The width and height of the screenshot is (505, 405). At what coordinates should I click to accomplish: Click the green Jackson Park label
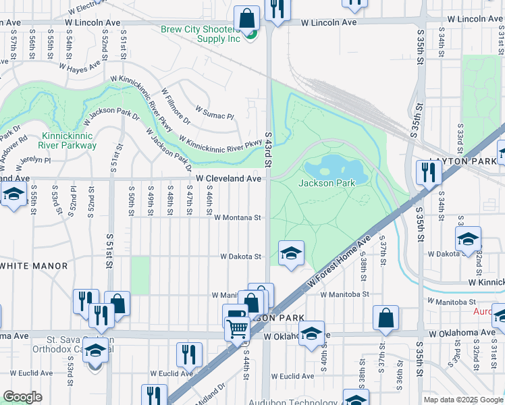point(327,183)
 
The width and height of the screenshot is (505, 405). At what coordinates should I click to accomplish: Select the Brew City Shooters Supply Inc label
point(201,34)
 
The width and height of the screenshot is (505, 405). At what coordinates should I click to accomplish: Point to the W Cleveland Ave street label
point(228,179)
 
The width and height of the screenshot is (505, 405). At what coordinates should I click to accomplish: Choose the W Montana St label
point(238,218)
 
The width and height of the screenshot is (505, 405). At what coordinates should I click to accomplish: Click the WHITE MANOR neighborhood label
point(34,266)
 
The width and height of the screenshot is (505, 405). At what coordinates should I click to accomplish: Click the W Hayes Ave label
point(80,66)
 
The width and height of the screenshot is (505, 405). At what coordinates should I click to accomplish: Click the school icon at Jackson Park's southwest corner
point(291,253)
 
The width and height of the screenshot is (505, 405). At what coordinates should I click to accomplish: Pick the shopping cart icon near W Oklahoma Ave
point(238,329)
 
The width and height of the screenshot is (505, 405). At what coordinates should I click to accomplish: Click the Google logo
point(22,397)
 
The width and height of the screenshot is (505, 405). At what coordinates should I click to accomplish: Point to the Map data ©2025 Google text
point(463,400)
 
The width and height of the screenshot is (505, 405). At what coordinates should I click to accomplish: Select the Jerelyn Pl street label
point(34,160)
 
